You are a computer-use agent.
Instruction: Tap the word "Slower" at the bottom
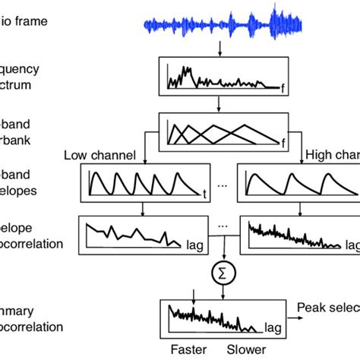coord(246,350)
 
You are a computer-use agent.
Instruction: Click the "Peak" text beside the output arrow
coord(313,308)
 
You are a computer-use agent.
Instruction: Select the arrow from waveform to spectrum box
coord(219,48)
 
